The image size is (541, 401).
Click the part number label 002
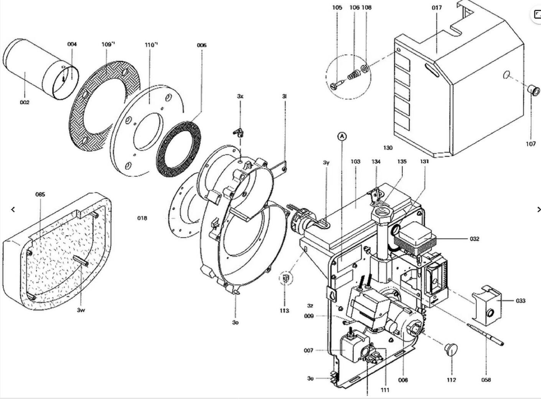pos(25,102)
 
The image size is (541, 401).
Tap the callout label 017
pos(437,7)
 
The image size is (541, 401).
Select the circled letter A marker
pos(342,136)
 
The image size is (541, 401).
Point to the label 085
pos(40,194)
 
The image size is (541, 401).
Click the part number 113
pos(284,311)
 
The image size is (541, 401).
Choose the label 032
pos(474,239)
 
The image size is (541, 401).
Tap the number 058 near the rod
pos(486,380)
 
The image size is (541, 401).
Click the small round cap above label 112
pos(451,349)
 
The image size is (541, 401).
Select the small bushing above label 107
pos(534,91)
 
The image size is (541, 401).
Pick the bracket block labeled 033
pos(486,304)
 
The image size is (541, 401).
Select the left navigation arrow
pos(13,210)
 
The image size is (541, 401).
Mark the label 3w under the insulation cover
pos(81,310)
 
